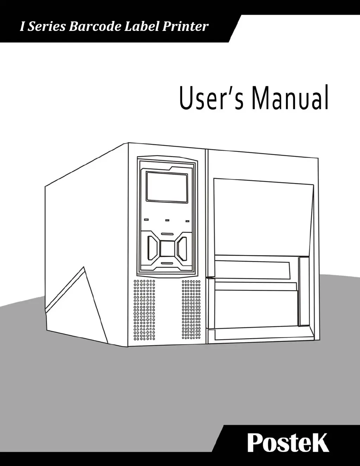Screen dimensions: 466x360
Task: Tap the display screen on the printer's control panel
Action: click(166, 187)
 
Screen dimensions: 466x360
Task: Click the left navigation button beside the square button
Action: click(152, 248)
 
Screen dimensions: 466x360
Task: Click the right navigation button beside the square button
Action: click(182, 248)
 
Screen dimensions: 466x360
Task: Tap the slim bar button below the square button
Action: click(167, 263)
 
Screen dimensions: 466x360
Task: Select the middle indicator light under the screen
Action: click(167, 221)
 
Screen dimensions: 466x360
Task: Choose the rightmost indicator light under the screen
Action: click(187, 221)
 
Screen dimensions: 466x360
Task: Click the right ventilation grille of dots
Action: click(191, 310)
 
